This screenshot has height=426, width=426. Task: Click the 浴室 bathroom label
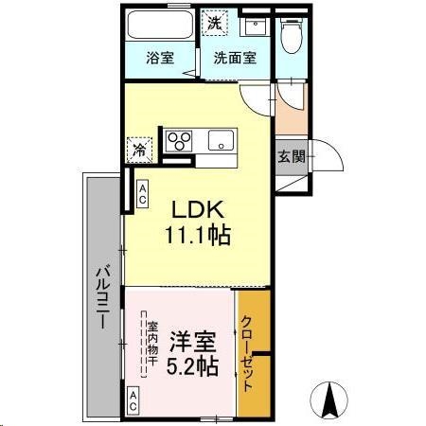[x=159, y=57]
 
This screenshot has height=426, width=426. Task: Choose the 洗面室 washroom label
[x=233, y=57]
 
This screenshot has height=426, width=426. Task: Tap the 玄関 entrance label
[x=292, y=156]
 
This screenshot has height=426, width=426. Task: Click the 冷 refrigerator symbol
[x=139, y=149]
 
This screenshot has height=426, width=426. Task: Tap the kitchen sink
[x=220, y=142]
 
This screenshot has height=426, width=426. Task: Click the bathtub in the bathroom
[x=160, y=25]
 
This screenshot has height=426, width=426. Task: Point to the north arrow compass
[x=333, y=399]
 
